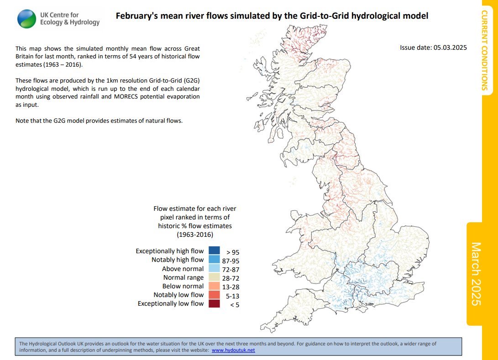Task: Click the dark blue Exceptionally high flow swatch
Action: (214, 251)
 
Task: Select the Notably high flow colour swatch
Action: (214, 260)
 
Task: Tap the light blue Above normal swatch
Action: (214, 269)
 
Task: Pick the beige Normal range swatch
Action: (214, 277)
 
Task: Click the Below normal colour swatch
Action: (214, 286)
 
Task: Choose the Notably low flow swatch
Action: (214, 295)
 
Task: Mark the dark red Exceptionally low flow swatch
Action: (214, 303)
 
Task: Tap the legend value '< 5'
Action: (234, 304)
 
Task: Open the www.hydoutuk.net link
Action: (233, 350)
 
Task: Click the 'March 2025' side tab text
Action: (477, 274)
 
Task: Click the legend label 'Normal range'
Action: (183, 277)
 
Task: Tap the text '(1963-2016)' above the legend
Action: (195, 234)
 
